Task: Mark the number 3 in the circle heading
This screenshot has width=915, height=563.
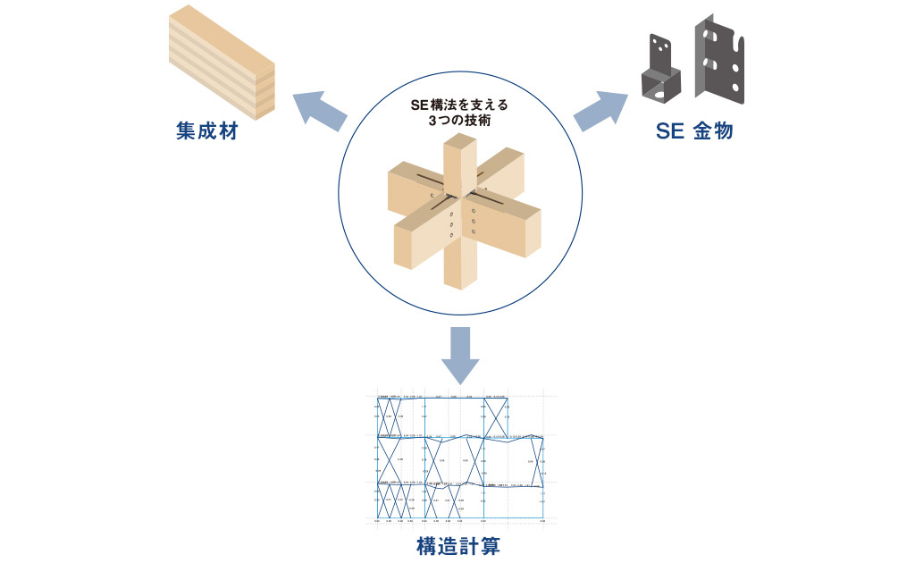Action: tap(432, 120)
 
